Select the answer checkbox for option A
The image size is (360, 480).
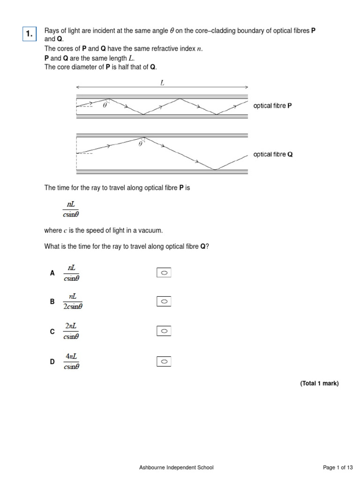pos(164,273)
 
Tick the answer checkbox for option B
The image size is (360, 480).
pos(164,302)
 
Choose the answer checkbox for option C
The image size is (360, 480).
pos(164,331)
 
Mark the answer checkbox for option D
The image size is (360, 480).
pos(164,361)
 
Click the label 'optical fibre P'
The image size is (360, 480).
pos(272,106)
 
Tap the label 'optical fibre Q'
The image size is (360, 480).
pos(273,154)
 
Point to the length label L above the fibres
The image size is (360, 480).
pos(162,82)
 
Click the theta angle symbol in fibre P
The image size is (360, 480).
pos(105,105)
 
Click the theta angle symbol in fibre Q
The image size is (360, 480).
pos(140,144)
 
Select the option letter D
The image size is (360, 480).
pos(52,361)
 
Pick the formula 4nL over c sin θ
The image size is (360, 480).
pos(72,361)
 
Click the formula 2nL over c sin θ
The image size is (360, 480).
pos(72,331)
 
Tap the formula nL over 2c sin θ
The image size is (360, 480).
pos(72,302)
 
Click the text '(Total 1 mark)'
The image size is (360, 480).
pos(319,383)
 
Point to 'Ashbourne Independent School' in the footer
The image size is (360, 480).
pos(176,467)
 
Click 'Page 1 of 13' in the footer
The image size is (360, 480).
pos(338,467)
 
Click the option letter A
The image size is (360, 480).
pos(52,273)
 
